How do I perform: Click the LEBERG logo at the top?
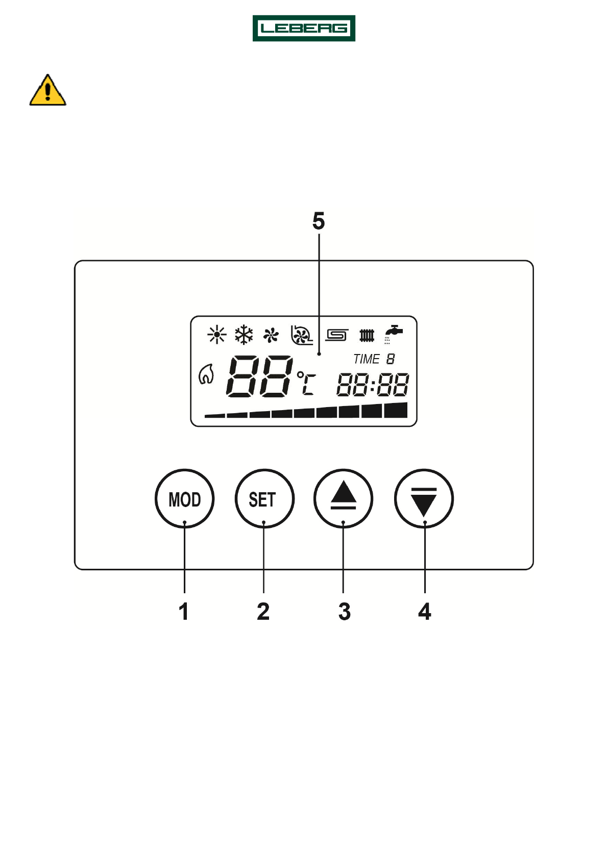[x=304, y=28]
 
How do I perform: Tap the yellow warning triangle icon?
[x=47, y=91]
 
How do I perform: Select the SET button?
[x=264, y=498]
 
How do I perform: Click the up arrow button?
[x=343, y=498]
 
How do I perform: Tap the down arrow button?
[x=424, y=498]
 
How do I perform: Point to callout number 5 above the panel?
[x=319, y=221]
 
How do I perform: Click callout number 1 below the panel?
[x=184, y=611]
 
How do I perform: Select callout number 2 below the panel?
[x=263, y=611]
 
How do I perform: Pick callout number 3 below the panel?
[x=345, y=611]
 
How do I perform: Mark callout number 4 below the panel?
[x=425, y=611]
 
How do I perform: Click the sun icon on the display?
[x=217, y=335]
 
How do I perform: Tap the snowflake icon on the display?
[x=244, y=335]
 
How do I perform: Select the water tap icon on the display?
[x=393, y=334]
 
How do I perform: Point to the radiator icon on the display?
[x=367, y=335]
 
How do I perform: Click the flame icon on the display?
[x=206, y=374]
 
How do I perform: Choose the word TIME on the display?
[x=367, y=359]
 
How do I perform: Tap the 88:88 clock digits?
[x=373, y=385]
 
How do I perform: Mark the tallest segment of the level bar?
[x=396, y=410]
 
